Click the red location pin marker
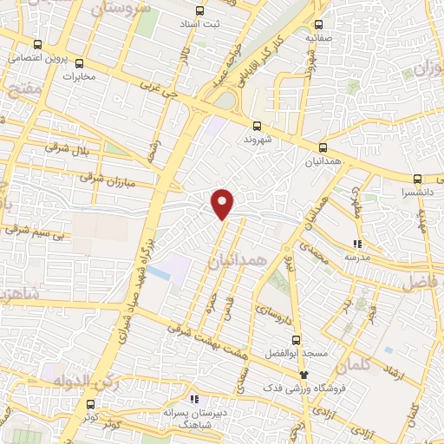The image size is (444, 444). (x=224, y=203)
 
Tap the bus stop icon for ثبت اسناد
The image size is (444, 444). (x=200, y=12)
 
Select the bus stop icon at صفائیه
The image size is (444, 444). (x=320, y=24)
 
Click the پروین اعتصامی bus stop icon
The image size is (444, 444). (x=36, y=44)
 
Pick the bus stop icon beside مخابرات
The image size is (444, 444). (x=80, y=62)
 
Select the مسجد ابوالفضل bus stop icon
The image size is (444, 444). (x=297, y=339)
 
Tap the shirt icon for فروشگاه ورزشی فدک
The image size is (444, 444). (x=303, y=374)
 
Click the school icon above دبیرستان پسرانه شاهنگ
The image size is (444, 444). (x=194, y=399)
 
